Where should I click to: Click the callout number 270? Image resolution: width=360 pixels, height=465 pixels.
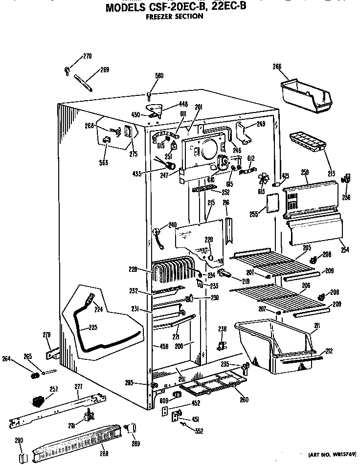click(87, 56)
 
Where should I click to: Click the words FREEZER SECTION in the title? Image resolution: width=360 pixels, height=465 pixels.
click(175, 16)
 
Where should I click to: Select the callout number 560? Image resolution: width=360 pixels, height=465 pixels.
click(159, 76)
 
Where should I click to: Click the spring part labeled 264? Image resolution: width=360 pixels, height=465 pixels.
click(35, 376)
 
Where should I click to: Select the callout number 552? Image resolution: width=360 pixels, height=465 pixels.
click(198, 431)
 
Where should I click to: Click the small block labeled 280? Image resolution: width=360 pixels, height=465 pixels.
click(21, 457)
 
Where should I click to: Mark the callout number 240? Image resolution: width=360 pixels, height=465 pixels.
click(172, 225)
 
